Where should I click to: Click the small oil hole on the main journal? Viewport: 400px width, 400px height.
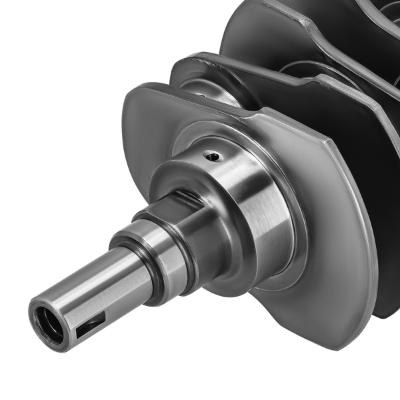click(x=213, y=157)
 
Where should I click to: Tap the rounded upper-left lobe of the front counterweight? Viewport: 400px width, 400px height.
click(x=143, y=113)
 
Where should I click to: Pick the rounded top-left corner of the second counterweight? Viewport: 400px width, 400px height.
click(x=190, y=63)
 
